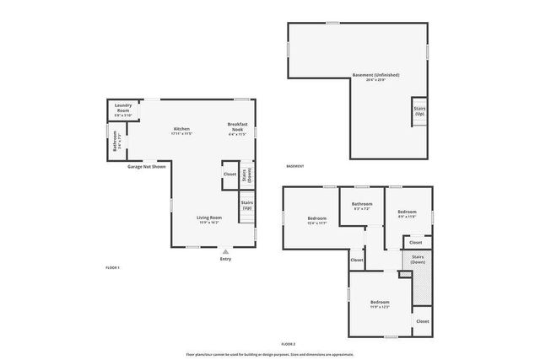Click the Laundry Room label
(x=123, y=109)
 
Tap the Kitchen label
(x=181, y=129)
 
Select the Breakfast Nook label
(x=237, y=129)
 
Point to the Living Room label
(x=208, y=218)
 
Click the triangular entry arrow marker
(x=225, y=251)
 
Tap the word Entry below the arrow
(x=225, y=259)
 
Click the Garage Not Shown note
(x=147, y=167)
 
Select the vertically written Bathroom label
(x=115, y=141)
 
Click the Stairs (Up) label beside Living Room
(x=247, y=205)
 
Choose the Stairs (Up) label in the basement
(x=418, y=111)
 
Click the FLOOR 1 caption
(x=113, y=267)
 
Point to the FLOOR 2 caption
(x=289, y=344)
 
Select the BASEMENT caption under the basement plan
(x=294, y=166)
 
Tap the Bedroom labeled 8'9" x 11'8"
(x=407, y=212)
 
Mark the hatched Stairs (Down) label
(x=417, y=259)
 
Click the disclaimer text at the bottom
(x=269, y=354)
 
